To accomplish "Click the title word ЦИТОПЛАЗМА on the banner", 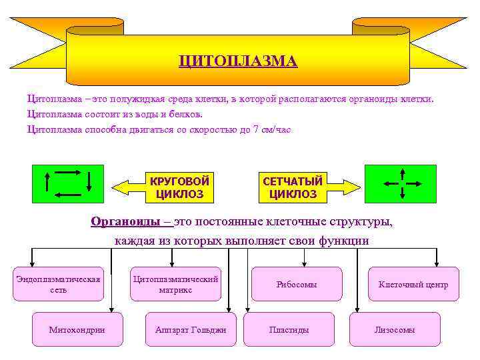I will tap(237, 61).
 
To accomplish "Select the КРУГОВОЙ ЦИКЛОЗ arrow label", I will tap(179, 187).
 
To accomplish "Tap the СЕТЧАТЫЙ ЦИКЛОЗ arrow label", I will tap(293, 187).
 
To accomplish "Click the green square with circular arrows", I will tap(68, 183).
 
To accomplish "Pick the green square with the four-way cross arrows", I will tap(400, 183).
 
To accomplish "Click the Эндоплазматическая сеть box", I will tap(58, 284).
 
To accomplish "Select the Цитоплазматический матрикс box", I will tap(175, 284).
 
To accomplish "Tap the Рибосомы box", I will tap(296, 284).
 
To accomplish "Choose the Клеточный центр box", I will tap(413, 284).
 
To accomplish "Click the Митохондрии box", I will tap(77, 329).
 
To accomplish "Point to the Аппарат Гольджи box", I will tap(191, 329).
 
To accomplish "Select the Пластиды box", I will tap(289, 329).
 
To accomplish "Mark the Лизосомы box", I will tap(395, 329).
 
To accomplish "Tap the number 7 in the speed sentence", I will tap(256, 129).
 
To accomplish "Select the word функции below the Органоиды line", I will tap(343, 240).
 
